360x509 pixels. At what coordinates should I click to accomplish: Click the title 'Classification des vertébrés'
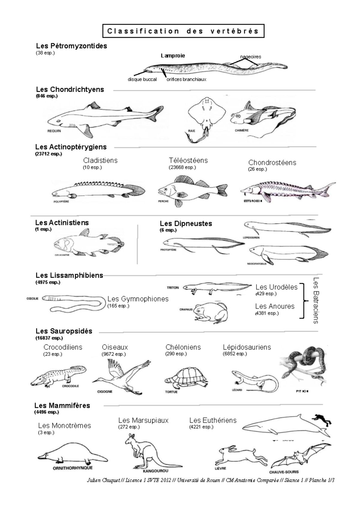[x=183, y=31]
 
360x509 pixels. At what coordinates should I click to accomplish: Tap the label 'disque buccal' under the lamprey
[x=142, y=79]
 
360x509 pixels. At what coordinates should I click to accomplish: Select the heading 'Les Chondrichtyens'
[x=70, y=89]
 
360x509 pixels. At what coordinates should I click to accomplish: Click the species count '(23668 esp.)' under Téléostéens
[x=182, y=168]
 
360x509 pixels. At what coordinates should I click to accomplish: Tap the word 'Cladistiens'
[x=100, y=160]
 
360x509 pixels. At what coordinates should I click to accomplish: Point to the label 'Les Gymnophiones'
[x=138, y=299]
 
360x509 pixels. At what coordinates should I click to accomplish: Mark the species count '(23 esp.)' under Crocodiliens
[x=52, y=354]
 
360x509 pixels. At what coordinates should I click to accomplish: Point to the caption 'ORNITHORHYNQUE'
[x=73, y=468]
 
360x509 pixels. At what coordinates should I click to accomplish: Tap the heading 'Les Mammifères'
[x=62, y=405]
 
